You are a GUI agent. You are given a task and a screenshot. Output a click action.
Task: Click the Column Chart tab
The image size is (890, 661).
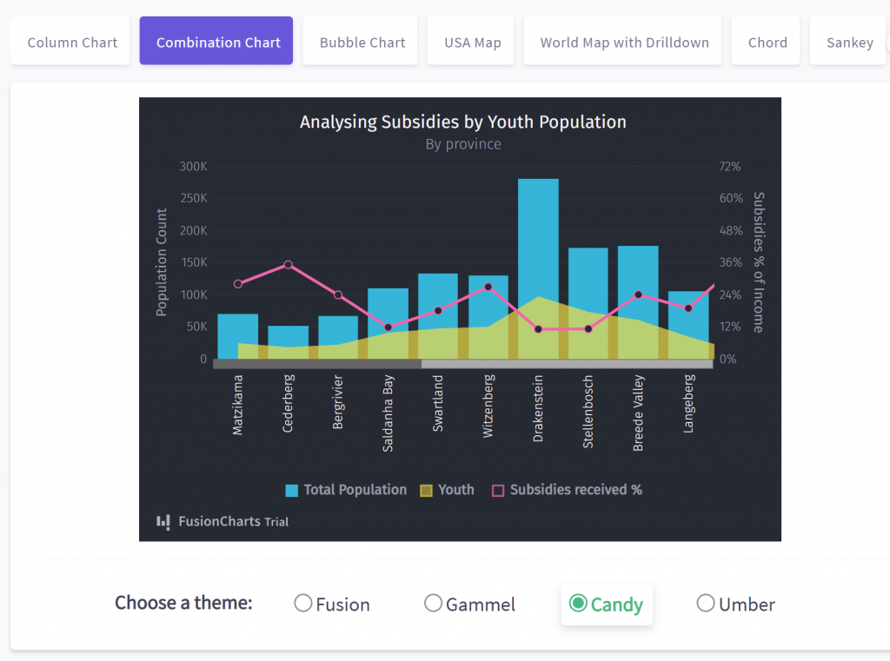[x=72, y=42]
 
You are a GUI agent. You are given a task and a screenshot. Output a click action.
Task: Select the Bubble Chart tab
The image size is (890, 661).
[x=362, y=42]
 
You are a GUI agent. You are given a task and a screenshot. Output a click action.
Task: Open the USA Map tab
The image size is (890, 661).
[x=472, y=42]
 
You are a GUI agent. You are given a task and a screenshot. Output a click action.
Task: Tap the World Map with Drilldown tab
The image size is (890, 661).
[x=624, y=42]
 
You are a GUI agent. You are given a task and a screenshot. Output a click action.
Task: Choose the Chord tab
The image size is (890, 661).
[x=767, y=42]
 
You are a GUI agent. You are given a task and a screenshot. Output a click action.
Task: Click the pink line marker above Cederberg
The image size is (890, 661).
[x=288, y=265]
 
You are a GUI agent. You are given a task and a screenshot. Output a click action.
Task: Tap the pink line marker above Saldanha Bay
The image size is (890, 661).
[x=388, y=327]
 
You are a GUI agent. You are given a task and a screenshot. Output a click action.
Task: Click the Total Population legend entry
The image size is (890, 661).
[x=346, y=490]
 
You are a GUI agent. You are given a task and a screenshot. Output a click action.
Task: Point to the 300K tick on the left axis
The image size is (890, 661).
[x=192, y=166]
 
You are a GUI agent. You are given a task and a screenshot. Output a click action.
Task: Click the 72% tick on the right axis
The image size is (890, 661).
[x=730, y=166]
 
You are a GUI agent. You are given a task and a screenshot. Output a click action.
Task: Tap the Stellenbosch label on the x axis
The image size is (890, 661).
[x=588, y=412]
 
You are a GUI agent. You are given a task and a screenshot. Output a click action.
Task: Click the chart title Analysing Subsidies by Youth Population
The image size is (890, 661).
[x=462, y=122]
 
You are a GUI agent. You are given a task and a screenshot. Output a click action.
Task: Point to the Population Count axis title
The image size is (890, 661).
[x=162, y=262]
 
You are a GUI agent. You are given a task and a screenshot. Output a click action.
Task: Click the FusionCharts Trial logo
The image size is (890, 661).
[x=222, y=521]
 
